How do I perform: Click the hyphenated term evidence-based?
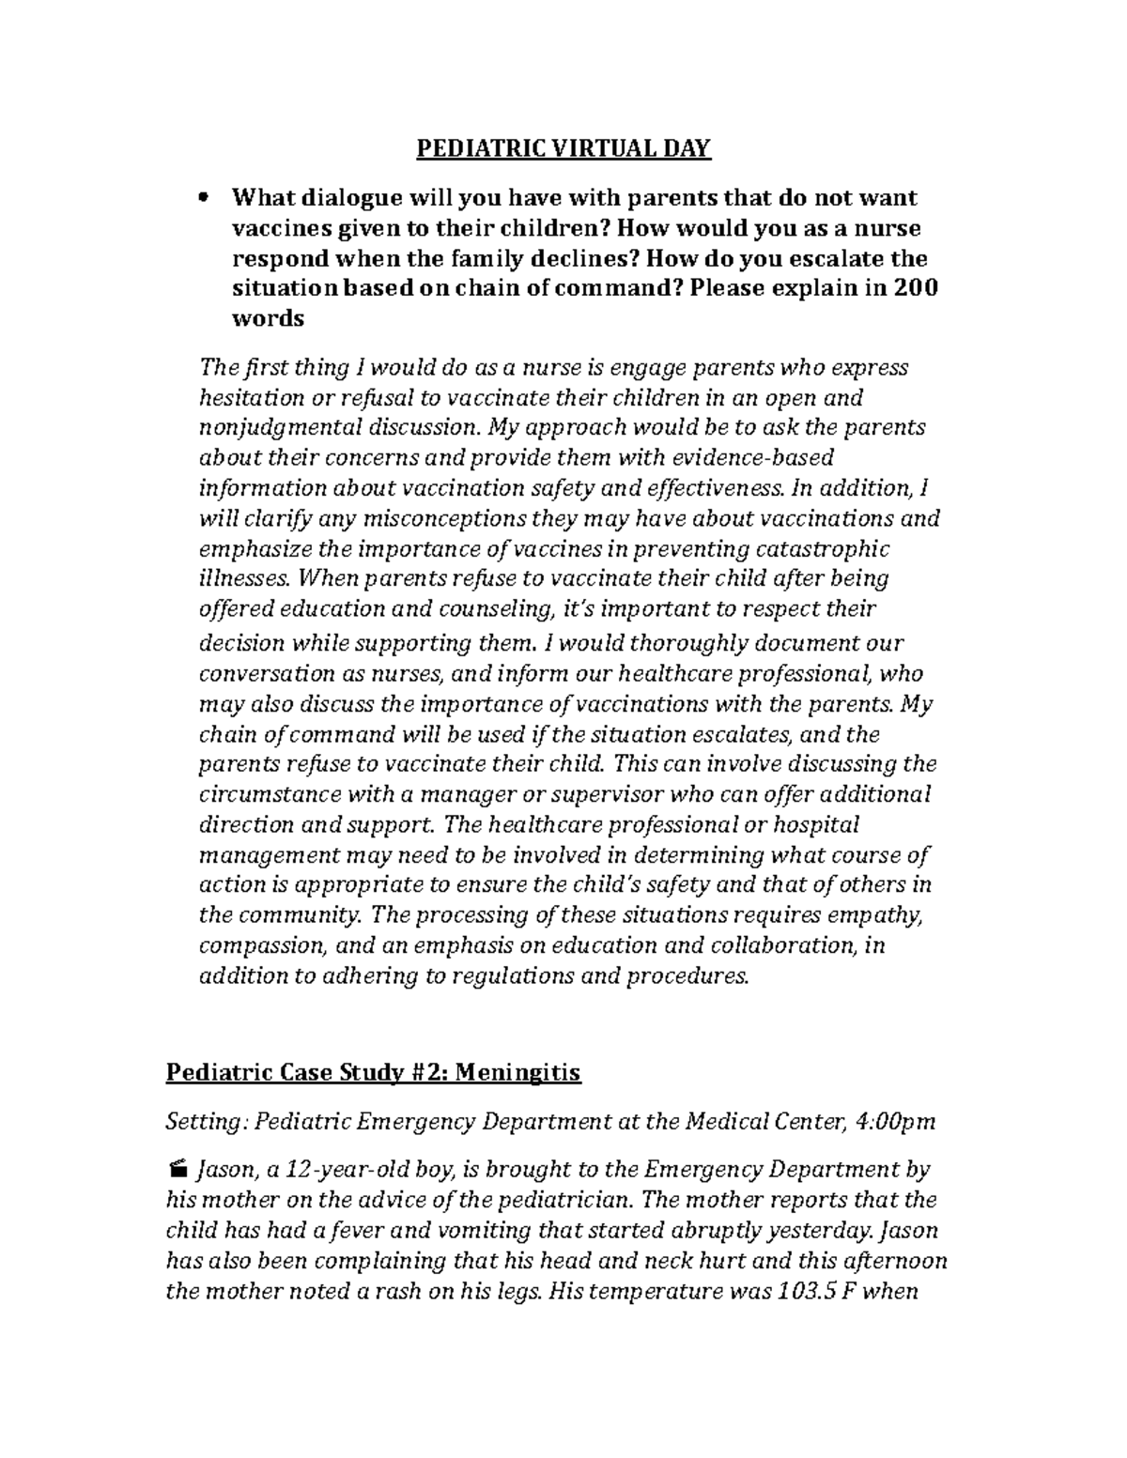coord(753,457)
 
